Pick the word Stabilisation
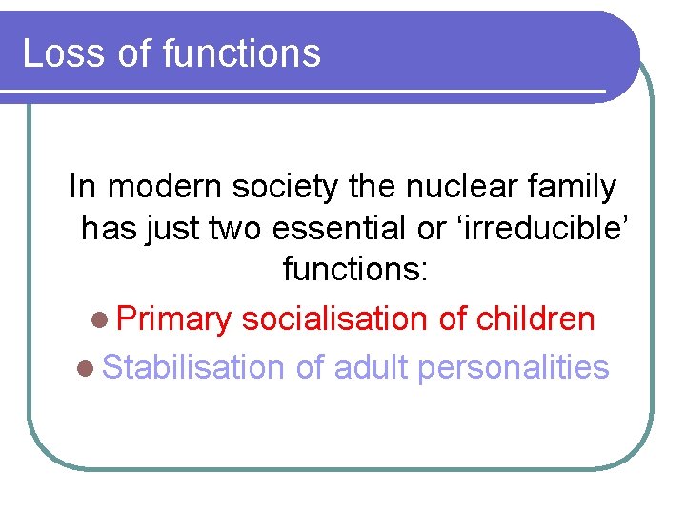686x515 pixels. pyautogui.click(x=192, y=367)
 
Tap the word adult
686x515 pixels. pyautogui.click(x=371, y=367)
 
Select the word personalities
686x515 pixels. pyautogui.click(x=514, y=367)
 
